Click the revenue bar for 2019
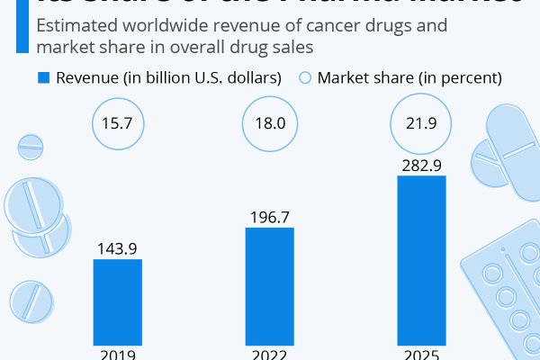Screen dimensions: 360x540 [117, 302]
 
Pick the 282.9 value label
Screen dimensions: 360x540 [421, 165]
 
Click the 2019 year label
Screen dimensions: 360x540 [117, 354]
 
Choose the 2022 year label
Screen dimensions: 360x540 [269, 354]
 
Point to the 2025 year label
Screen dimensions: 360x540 [421, 354]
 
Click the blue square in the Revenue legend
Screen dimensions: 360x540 [43, 78]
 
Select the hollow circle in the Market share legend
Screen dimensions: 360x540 [304, 78]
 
